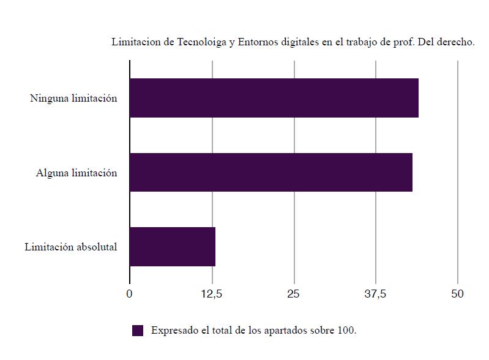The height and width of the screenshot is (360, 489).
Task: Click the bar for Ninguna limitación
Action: pyautogui.click(x=274, y=98)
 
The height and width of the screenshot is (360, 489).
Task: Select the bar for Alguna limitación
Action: pyautogui.click(x=271, y=173)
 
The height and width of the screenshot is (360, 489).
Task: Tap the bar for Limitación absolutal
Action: pyautogui.click(x=172, y=247)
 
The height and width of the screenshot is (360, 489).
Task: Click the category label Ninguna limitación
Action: pyautogui.click(x=73, y=98)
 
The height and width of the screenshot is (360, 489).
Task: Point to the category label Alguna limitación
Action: pyautogui.click(x=77, y=173)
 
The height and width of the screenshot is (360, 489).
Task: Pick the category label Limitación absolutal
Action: pyautogui.click(x=71, y=247)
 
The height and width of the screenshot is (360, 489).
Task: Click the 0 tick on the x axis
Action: pyautogui.click(x=129, y=294)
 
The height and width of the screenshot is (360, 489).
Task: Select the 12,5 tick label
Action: pyautogui.click(x=212, y=294)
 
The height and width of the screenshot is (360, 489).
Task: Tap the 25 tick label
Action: pyautogui.click(x=294, y=294)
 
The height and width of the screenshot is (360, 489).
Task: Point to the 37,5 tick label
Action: pyautogui.click(x=375, y=294)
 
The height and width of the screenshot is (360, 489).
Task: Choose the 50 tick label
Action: pyautogui.click(x=458, y=294)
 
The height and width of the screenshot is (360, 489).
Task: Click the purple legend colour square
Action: pyautogui.click(x=138, y=331)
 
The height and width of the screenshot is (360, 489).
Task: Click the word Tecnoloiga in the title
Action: pyautogui.click(x=201, y=42)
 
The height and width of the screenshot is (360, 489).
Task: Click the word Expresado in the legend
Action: pyautogui.click(x=175, y=331)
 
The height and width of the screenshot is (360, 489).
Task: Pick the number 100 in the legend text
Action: pyautogui.click(x=346, y=331)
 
